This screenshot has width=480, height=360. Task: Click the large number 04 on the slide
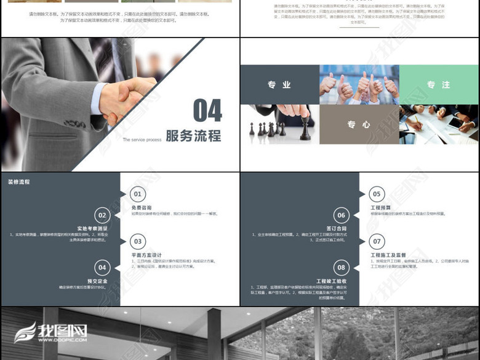click(207, 111)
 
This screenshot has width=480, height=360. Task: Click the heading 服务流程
click(193, 136)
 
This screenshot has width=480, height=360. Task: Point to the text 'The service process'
click(142, 140)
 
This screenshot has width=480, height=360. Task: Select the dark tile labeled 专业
click(279, 85)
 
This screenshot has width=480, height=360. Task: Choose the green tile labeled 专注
click(438, 85)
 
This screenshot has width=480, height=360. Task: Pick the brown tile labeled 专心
click(359, 124)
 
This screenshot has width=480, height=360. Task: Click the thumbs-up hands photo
click(359, 85)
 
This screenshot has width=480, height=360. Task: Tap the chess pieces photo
click(279, 124)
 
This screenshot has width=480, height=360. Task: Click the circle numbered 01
click(137, 194)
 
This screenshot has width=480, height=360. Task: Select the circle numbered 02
click(102, 215)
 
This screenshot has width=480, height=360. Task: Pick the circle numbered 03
click(137, 242)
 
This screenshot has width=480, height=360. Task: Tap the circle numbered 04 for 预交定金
click(102, 267)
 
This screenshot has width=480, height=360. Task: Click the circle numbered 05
click(377, 194)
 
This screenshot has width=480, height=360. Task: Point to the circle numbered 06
click(342, 215)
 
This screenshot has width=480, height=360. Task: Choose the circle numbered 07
click(377, 242)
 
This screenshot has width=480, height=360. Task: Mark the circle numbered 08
click(342, 267)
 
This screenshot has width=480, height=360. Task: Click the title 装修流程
click(18, 182)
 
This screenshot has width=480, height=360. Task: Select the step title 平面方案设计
click(146, 255)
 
